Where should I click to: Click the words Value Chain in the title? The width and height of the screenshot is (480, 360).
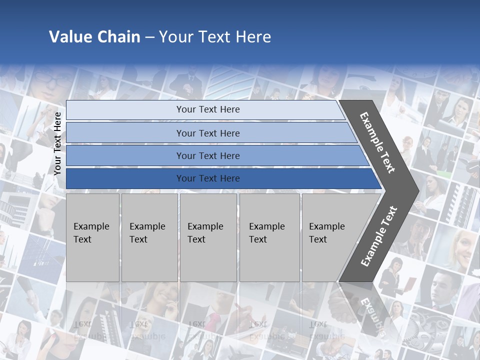pyautogui.click(x=94, y=37)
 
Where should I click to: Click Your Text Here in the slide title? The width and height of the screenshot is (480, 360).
pyautogui.click(x=215, y=37)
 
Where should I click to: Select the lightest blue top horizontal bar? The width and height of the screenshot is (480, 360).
pyautogui.click(x=125, y=110)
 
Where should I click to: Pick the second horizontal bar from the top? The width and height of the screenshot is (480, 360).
pyautogui.click(x=125, y=133)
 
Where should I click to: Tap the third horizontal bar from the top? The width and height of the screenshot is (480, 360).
pyautogui.click(x=125, y=156)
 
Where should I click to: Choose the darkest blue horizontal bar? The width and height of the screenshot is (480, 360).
pyautogui.click(x=125, y=178)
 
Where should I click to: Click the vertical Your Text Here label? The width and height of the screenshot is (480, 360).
pyautogui.click(x=58, y=143)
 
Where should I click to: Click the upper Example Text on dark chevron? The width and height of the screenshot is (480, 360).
pyautogui.click(x=377, y=142)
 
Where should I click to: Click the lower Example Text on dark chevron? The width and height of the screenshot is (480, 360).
pyautogui.click(x=378, y=236)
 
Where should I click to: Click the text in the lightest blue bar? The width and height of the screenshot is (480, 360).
pyautogui.click(x=208, y=109)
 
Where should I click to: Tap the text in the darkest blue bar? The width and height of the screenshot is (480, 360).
pyautogui.click(x=208, y=178)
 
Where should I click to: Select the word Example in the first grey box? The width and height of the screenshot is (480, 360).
pyautogui.click(x=91, y=226)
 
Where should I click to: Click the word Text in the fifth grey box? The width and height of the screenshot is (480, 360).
pyautogui.click(x=318, y=239)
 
